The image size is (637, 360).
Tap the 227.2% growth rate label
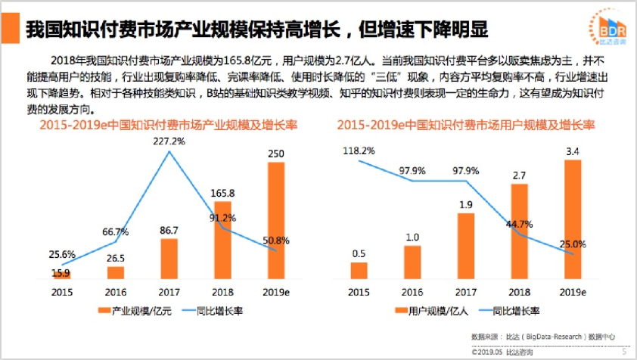pos(168,141)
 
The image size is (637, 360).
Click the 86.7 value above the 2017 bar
pos(169,229)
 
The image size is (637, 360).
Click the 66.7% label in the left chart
pos(115,231)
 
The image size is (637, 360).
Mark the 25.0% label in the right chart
pos(573,244)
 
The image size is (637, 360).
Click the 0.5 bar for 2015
pos(359,271)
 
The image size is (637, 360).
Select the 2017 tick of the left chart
pos(169,292)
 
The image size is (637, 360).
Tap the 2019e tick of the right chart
pos(573,292)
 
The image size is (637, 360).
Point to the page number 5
pos(623,352)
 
